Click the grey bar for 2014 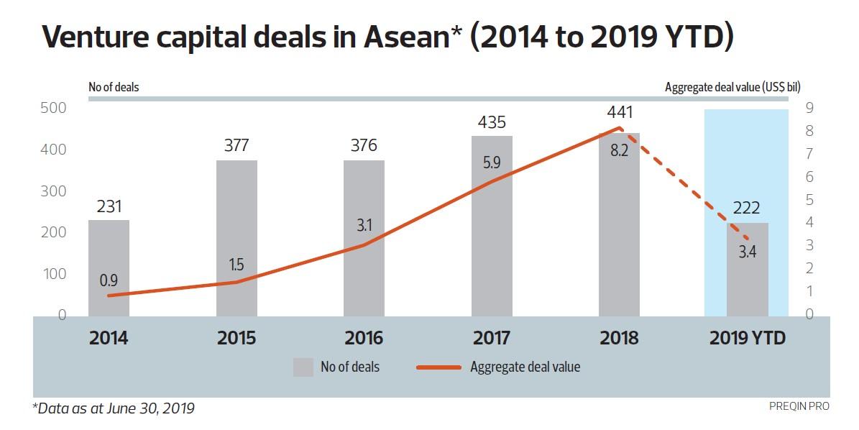point(109,267)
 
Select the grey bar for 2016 point(364,237)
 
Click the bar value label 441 point(619,113)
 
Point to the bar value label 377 point(236,145)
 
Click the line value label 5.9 point(492,163)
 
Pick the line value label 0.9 point(109,279)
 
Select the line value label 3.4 point(747,252)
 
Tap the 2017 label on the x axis point(492,338)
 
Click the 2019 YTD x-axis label point(747,338)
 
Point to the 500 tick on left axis point(52,109)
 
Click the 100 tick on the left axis point(52,274)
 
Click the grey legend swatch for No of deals point(303,367)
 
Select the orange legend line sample point(438,367)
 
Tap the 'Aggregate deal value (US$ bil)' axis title point(742,88)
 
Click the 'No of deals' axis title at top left point(114,88)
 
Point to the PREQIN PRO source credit point(799,406)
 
